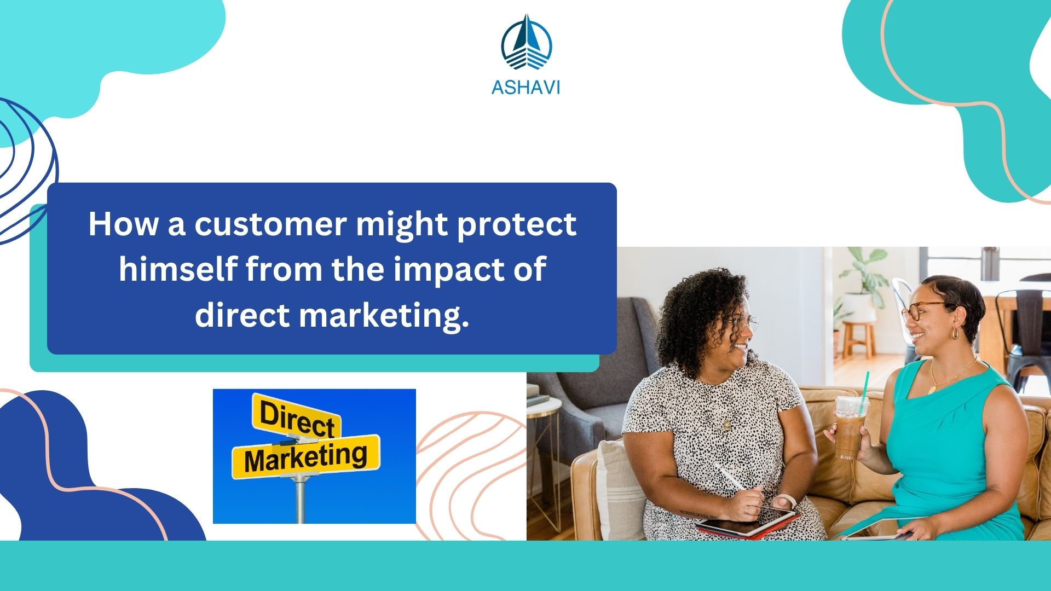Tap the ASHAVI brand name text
(525, 88)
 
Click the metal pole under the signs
(300, 501)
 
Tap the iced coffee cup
(850, 427)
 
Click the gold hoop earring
(955, 333)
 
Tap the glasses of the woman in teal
(920, 311)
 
